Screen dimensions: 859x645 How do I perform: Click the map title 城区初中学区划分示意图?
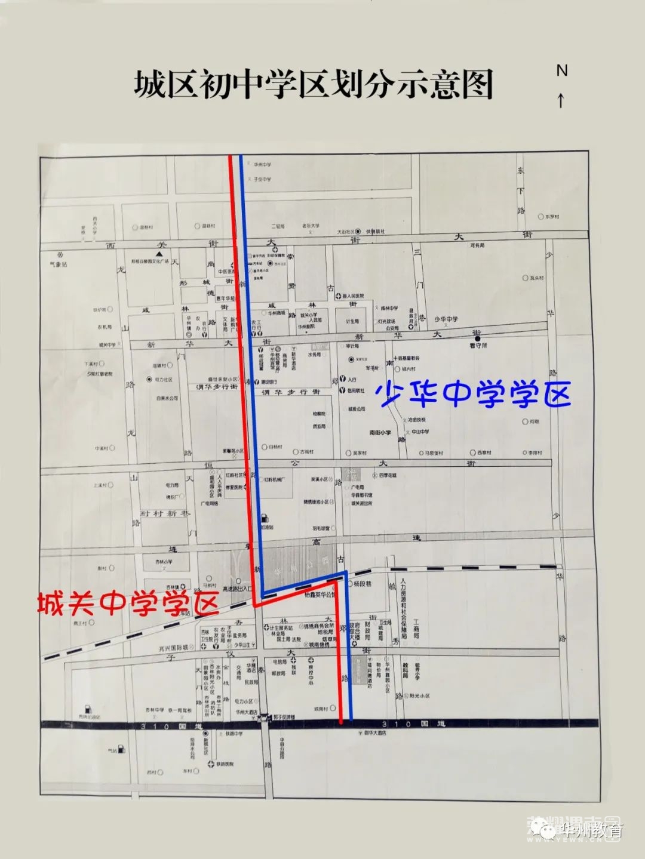314,85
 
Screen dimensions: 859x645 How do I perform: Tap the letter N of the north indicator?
561,70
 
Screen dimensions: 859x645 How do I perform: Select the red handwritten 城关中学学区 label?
128,604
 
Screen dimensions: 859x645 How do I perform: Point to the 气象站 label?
59,264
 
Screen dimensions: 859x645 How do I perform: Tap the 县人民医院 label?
353,296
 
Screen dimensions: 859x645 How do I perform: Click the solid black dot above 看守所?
477,338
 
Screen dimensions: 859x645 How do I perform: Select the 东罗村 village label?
551,217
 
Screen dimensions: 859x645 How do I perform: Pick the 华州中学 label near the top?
262,165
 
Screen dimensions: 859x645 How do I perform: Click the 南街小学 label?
380,432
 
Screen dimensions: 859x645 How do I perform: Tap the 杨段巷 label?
362,583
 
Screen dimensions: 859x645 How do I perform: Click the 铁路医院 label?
225,764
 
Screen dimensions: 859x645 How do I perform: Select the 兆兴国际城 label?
173,647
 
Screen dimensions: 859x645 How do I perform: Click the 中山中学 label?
420,432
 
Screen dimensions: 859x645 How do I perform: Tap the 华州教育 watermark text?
591,829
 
